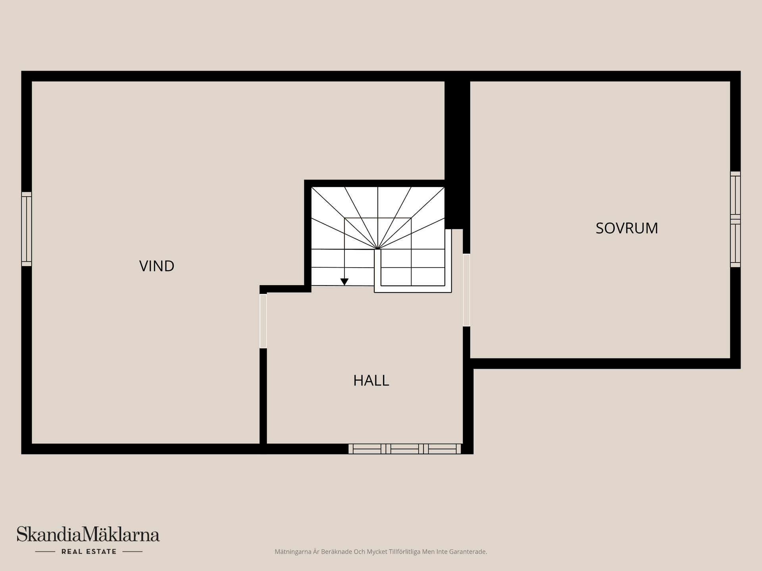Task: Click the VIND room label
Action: (x=157, y=266)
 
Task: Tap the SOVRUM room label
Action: (x=627, y=228)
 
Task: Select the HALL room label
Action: (x=371, y=381)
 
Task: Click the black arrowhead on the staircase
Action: (x=344, y=282)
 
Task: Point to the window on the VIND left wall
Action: (x=27, y=229)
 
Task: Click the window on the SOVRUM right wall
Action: (x=735, y=219)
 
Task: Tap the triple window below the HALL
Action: (x=405, y=449)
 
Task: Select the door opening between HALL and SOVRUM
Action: (x=467, y=290)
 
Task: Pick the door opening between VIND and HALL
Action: (x=263, y=321)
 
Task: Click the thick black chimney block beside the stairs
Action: (x=457, y=155)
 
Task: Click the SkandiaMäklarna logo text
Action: (x=88, y=534)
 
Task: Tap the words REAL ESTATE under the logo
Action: (x=89, y=552)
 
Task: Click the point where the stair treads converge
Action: (x=377, y=249)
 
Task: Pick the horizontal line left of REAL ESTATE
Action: (x=45, y=552)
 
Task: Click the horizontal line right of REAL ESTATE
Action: (x=133, y=552)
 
